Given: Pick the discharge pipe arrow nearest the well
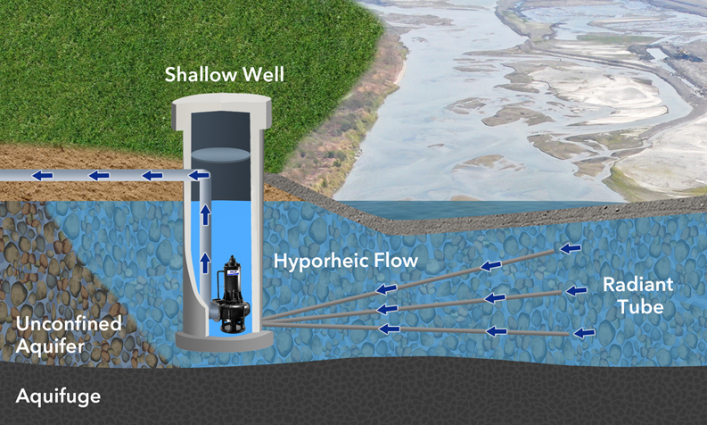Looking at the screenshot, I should pyautogui.click(x=152, y=176).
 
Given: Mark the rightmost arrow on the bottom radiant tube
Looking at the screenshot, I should pyautogui.click(x=583, y=333).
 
